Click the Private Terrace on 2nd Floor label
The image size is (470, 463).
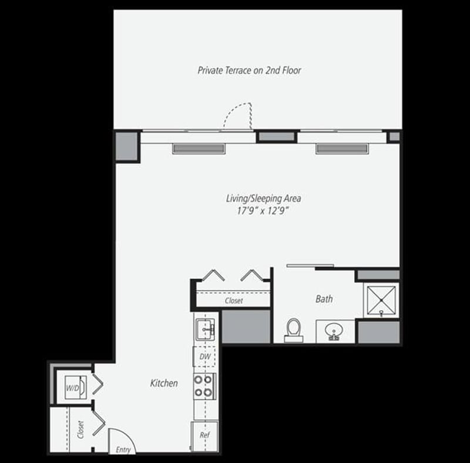249,71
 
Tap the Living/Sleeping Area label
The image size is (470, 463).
263,198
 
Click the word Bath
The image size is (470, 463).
324,299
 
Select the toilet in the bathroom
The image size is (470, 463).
293,330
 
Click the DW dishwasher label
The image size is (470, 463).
204,356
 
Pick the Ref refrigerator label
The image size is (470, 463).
204,436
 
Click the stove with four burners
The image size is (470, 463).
204,386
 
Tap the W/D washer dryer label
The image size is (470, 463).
73,388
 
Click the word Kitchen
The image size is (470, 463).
164,383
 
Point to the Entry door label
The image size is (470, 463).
123,449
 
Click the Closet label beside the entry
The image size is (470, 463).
80,430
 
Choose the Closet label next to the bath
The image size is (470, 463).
234,301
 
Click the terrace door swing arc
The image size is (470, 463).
239,115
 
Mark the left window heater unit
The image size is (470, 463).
199,149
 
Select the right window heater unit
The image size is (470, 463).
342,149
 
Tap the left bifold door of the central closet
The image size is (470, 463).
212,275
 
